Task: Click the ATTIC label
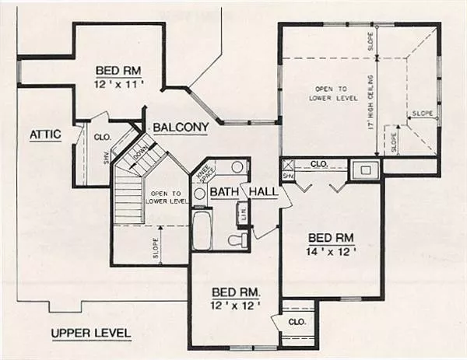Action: (45, 135)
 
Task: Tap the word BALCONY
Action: (181, 128)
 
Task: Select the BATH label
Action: (223, 192)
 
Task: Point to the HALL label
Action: (263, 192)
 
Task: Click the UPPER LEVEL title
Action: (91, 334)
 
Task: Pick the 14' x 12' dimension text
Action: (332, 251)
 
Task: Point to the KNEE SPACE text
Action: (203, 173)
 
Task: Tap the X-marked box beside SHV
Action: (287, 165)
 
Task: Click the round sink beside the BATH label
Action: (199, 194)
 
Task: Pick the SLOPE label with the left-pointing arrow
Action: (421, 114)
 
